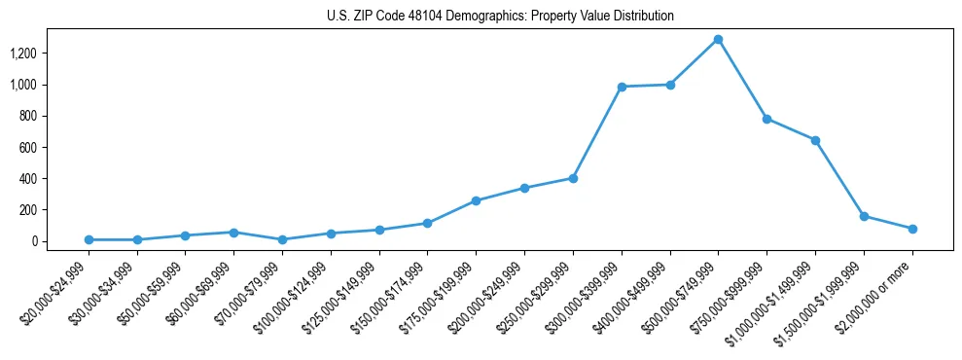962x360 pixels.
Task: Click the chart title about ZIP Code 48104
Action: pos(500,16)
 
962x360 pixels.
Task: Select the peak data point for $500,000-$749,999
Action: pos(718,40)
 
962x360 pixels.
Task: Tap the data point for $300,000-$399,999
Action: pos(622,87)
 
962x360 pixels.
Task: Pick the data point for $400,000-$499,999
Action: pos(670,85)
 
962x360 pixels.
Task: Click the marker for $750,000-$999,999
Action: pos(766,119)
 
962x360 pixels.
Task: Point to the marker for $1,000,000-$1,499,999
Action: pos(815,140)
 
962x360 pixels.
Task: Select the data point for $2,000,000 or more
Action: pos(912,229)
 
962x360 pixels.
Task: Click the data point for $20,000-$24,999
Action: pos(89,239)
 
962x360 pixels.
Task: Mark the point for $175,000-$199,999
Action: pos(476,201)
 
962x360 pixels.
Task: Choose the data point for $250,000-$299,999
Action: pos(573,178)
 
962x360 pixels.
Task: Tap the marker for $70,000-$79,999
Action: pos(282,239)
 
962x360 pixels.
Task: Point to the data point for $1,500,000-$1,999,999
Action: pos(864,216)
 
